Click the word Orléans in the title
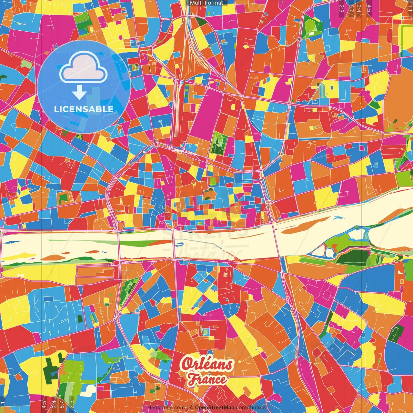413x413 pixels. point(207,364)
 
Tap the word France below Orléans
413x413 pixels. point(207,379)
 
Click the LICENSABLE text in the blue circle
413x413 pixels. point(84,109)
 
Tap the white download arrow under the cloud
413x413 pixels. point(79,93)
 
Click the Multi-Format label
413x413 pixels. point(206,3)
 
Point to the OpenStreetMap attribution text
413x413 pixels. point(215,408)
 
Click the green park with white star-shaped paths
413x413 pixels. point(219,144)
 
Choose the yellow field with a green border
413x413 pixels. point(407,35)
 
